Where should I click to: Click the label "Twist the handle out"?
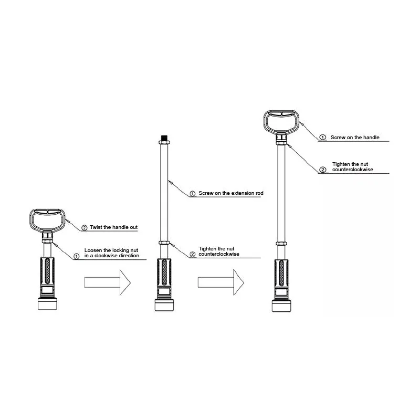(113, 227)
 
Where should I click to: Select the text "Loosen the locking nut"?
(111, 250)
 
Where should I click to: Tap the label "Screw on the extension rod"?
(231, 193)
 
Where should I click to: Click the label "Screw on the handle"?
(355, 138)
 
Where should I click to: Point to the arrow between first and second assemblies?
(108, 282)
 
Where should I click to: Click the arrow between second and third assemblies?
(221, 282)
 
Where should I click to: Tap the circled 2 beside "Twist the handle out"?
(85, 228)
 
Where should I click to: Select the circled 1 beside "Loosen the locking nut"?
(77, 256)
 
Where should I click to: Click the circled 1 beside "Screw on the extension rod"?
(193, 193)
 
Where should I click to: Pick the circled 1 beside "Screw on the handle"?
(323, 138)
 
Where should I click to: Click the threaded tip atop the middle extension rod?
(164, 138)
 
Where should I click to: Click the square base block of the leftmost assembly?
(47, 304)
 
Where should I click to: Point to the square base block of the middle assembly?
(164, 306)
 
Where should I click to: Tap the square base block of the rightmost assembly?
(281, 306)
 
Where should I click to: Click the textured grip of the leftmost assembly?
(47, 271)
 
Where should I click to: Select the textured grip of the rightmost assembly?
(281, 273)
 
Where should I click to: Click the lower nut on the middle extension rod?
(164, 243)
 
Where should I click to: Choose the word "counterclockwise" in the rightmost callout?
(353, 170)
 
